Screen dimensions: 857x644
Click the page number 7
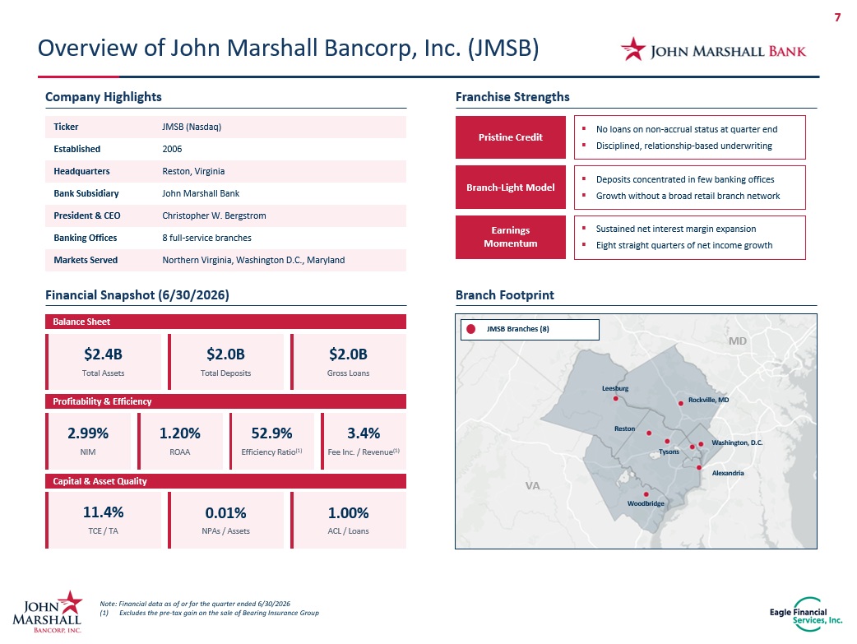click(837, 17)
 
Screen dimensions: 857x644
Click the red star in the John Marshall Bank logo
click(633, 49)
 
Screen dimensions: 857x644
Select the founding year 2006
click(172, 149)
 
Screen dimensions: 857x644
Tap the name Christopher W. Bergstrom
click(214, 215)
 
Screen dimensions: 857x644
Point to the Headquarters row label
click(81, 171)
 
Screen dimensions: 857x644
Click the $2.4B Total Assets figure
click(104, 354)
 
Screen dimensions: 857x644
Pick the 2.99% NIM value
click(88, 433)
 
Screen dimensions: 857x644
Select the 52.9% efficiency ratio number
click(271, 433)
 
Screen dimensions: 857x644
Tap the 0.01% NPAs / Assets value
click(225, 512)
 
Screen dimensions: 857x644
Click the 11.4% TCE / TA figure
click(104, 512)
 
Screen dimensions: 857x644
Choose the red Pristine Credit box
click(511, 137)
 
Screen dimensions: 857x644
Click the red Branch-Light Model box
click(511, 188)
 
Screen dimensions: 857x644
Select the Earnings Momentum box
click(511, 237)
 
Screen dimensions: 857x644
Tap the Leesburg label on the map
click(615, 388)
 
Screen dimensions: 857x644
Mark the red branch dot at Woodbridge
click(646, 494)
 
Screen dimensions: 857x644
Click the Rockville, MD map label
click(708, 400)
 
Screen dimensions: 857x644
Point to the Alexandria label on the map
click(728, 473)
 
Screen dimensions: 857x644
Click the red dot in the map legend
click(470, 329)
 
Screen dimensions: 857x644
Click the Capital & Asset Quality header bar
click(225, 481)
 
